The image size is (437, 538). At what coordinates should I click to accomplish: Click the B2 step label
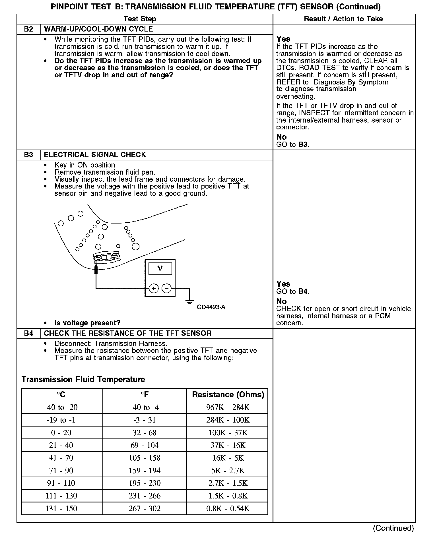coord(28,29)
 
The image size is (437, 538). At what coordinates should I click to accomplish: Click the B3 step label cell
coord(28,155)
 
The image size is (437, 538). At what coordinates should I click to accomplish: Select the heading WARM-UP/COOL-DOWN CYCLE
coord(98,29)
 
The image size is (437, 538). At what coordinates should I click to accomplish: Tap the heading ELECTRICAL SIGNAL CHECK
coord(95,155)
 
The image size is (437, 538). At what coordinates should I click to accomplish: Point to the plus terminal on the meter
coord(154,288)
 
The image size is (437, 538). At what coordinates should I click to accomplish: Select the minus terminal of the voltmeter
coord(166,288)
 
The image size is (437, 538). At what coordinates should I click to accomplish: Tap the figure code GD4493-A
coord(211,307)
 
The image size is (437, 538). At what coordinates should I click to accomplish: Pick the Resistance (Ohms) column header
coord(228,395)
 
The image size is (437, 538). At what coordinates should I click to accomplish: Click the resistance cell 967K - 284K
coord(228,407)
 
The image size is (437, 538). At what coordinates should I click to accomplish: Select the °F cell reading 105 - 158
coord(145,458)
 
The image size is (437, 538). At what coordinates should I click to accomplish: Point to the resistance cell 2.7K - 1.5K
coord(228,483)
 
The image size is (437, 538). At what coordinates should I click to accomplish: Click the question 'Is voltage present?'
coord(87,323)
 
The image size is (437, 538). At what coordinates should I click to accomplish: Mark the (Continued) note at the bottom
coord(393,528)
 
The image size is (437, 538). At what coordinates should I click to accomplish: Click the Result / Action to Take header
coord(343,19)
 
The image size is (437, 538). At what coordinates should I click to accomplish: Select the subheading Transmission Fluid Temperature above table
coord(83,380)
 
